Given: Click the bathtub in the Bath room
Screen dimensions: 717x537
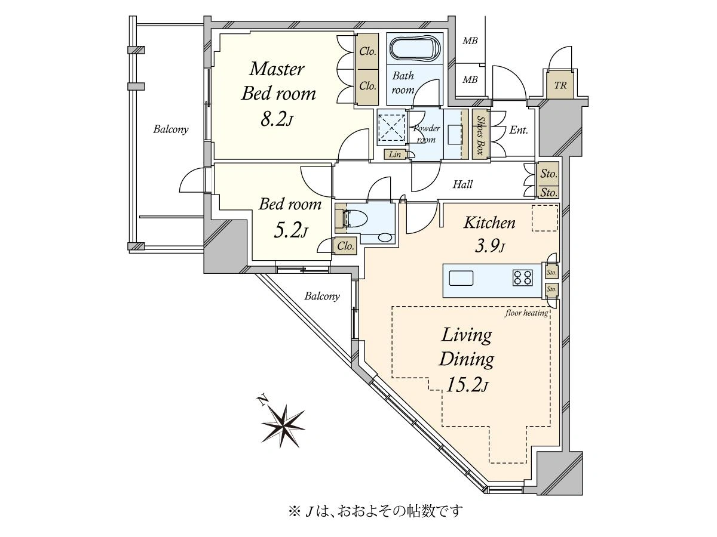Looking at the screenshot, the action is [x=415, y=50].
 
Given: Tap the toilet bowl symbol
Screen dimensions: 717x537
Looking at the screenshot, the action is [x=355, y=218].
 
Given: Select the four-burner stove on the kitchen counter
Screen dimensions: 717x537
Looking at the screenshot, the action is [x=522, y=278].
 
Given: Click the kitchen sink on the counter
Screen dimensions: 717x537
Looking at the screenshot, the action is [x=461, y=278].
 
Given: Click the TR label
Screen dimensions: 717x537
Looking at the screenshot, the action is [x=560, y=85].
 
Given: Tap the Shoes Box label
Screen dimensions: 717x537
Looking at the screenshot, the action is [x=480, y=135].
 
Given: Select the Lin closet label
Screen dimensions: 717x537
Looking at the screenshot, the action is [x=394, y=154].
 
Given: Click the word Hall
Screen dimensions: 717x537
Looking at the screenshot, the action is [x=462, y=184].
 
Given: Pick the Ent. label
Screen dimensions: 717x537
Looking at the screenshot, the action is [x=519, y=131].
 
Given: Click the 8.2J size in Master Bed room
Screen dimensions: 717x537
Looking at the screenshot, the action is [x=277, y=119].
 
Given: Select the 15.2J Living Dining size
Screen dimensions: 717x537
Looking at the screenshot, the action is [x=467, y=385].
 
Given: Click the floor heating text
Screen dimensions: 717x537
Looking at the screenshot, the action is [x=526, y=313].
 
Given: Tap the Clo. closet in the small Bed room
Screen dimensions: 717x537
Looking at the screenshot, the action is [x=345, y=246].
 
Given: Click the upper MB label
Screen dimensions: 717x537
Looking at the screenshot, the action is [x=470, y=41].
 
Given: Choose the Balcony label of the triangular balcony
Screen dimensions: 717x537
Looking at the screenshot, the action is [x=322, y=296].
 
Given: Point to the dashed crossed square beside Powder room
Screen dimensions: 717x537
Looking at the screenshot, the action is [x=392, y=128].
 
